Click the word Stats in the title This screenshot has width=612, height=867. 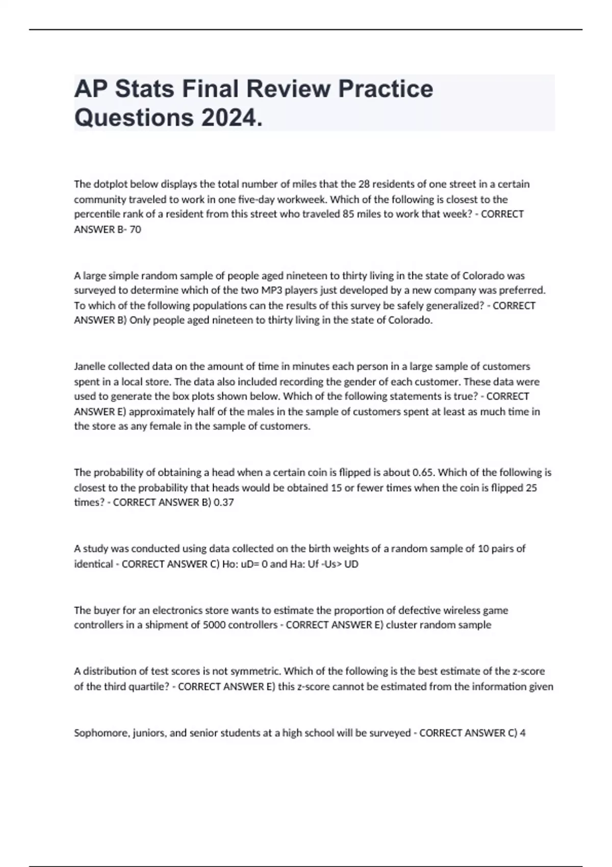pos(144,89)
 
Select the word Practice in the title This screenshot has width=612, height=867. pos(386,89)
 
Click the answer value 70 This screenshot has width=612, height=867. pos(135,229)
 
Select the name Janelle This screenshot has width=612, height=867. pos(90,366)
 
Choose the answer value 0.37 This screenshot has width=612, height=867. pos(224,502)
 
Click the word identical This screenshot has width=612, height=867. pos(93,564)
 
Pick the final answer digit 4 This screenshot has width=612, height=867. pos(523,733)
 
